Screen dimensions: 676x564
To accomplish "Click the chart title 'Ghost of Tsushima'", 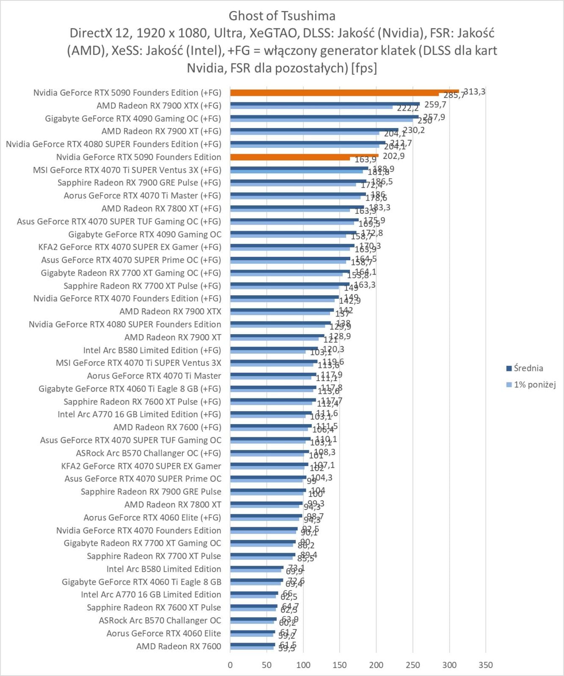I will click(x=282, y=16).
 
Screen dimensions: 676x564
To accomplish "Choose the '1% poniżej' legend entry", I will click(x=534, y=384).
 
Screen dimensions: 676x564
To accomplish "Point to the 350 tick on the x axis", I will click(x=486, y=665).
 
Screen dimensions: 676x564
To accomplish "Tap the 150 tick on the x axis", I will click(x=339, y=665).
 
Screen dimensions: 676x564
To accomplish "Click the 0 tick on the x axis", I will click(x=230, y=665).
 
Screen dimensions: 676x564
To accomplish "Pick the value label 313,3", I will click(x=475, y=92).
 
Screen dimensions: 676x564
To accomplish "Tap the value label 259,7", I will click(x=435, y=105).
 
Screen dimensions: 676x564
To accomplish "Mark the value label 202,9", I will click(x=393, y=156).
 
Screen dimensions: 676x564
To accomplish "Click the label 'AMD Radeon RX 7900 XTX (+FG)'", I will click(x=159, y=106).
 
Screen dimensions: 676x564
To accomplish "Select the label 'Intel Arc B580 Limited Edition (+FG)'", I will click(x=152, y=350).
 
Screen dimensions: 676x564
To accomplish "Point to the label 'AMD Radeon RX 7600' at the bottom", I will click(x=179, y=646).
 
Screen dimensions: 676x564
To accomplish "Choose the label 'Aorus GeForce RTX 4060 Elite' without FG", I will click(x=164, y=633).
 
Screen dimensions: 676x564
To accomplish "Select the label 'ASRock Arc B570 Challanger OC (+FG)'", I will click(x=148, y=453).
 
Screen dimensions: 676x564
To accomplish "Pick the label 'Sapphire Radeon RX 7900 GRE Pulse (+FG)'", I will click(x=139, y=183).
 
